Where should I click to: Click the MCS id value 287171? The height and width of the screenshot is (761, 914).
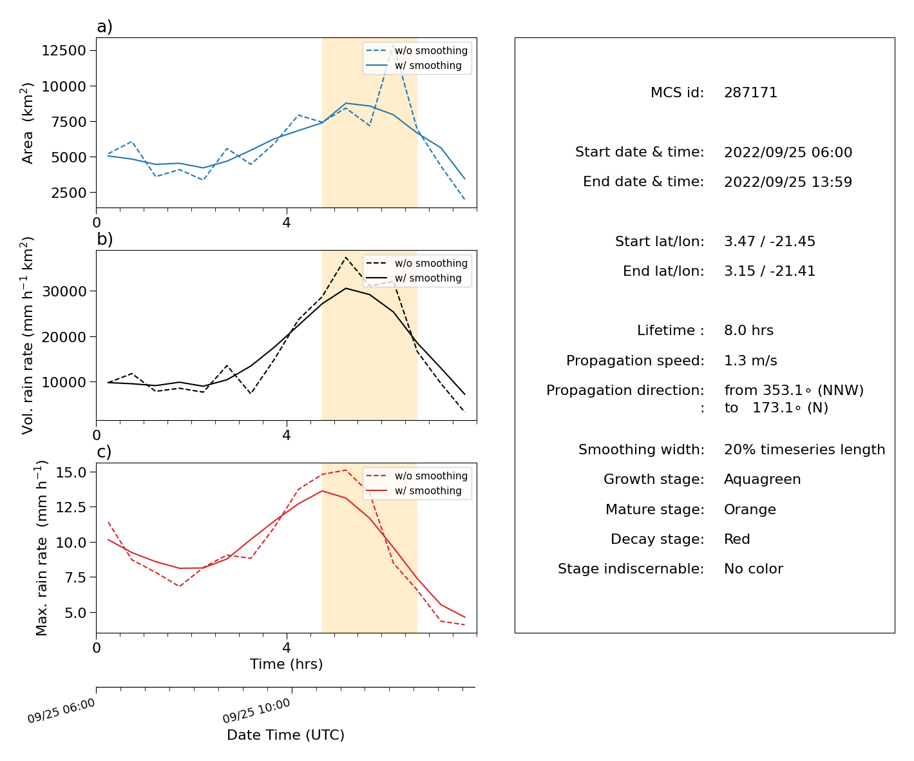point(750,92)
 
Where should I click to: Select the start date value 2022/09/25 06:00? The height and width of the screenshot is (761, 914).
point(788,152)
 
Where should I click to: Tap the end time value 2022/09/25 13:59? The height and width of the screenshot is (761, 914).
point(788,182)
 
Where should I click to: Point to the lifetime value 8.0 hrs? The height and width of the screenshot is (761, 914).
point(748,330)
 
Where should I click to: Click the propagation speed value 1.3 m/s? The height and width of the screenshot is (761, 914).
point(750,360)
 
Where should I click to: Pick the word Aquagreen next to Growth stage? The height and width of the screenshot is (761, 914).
point(762,479)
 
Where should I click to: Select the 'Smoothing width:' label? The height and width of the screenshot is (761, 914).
point(642,450)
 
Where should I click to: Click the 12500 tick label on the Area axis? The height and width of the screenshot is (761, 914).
point(64,50)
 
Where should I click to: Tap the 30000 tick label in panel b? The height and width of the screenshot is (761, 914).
point(64,291)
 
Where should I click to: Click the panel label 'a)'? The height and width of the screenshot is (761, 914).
point(104,26)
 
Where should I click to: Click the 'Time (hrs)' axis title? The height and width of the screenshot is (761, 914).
point(286,664)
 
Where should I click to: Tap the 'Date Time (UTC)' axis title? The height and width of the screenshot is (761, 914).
point(285,735)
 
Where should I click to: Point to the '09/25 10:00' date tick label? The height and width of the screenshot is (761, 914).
point(256,710)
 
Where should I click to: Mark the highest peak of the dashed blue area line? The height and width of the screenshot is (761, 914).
point(393,44)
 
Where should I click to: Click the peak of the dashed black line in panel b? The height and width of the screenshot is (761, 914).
point(346,258)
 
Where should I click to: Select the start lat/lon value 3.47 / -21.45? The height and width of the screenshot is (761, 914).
point(770,241)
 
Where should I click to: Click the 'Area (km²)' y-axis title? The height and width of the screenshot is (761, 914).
point(26,123)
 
